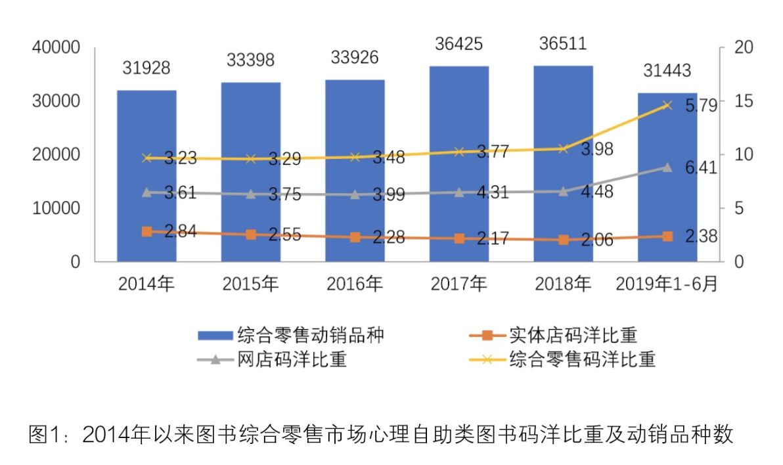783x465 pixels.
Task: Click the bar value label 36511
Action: [563, 44]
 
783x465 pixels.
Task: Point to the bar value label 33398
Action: [251, 60]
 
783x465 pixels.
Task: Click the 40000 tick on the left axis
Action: [56, 48]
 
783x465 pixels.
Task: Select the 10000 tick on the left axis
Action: [56, 208]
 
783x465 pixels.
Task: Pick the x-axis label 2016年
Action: [355, 284]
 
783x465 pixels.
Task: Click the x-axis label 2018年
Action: [563, 284]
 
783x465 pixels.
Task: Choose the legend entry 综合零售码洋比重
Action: [582, 359]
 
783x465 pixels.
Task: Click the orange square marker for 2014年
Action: [147, 231]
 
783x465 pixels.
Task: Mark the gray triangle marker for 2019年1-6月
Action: [667, 167]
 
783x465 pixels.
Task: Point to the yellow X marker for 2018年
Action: [563, 149]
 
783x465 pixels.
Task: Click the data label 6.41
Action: [700, 169]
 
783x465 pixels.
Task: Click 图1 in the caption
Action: [45, 435]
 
